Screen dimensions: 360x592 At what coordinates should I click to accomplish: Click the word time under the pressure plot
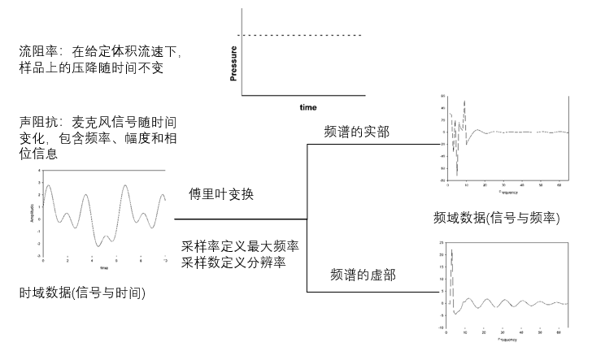click(x=307, y=107)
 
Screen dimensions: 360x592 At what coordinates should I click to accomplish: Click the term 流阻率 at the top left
click(x=35, y=52)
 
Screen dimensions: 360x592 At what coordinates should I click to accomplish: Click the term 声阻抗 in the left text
click(x=35, y=122)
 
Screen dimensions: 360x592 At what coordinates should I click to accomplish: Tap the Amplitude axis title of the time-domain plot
click(x=30, y=214)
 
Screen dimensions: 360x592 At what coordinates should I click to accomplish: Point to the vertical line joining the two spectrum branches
click(x=307, y=218)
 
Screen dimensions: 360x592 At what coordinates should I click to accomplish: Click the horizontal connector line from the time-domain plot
click(x=240, y=219)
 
